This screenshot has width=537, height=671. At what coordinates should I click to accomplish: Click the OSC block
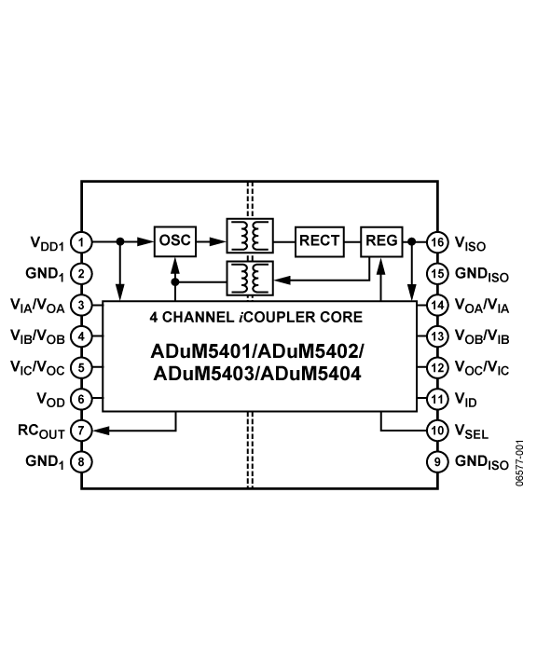coord(174,241)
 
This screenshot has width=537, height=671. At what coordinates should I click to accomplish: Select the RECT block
coord(320,241)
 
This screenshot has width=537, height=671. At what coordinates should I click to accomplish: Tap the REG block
coord(381,241)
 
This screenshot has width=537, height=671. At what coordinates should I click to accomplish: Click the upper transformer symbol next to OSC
coord(250,236)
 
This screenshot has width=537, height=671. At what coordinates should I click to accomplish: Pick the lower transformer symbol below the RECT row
coord(250,278)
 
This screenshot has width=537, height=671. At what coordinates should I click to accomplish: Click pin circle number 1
coord(81,242)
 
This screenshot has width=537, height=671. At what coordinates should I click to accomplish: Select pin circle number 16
coord(437,242)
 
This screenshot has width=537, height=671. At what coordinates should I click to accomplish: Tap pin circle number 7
coord(81,430)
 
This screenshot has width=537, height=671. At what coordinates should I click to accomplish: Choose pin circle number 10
coord(437,430)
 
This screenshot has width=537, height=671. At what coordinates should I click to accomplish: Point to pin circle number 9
coord(437,461)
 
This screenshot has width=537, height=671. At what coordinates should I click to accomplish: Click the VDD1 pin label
coord(48,243)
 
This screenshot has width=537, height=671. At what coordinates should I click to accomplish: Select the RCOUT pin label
coord(41,431)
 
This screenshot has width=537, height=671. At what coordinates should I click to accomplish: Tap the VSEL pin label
coord(472,431)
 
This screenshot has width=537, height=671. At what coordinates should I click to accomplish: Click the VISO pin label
coord(470,243)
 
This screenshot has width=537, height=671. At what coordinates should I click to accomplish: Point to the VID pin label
coord(465,400)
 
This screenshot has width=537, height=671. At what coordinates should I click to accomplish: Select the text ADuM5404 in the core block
coord(310,374)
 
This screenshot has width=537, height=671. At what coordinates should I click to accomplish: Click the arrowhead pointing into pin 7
coord(101,430)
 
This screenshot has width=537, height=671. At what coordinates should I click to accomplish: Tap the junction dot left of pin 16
coord(411,241)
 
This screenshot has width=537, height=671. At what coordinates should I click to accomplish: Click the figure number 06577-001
coord(519,462)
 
